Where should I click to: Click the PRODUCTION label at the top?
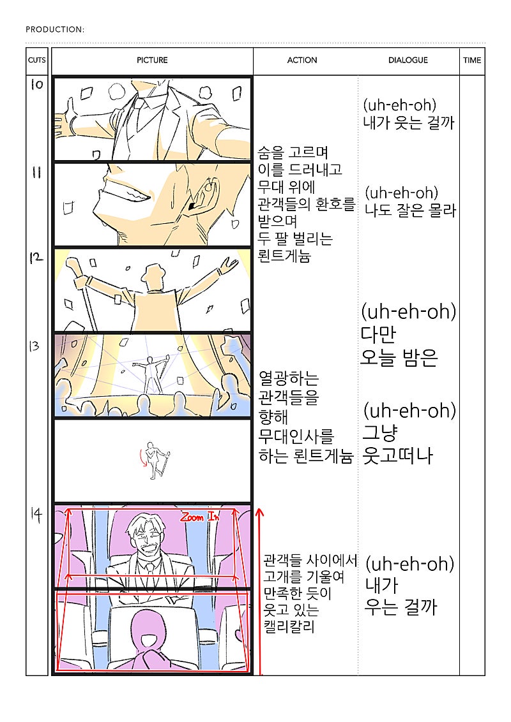[x=55, y=29]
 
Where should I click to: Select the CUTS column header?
[x=37, y=60]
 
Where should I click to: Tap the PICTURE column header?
[x=152, y=60]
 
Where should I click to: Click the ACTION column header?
[x=302, y=60]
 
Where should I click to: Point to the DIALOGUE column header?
[x=408, y=60]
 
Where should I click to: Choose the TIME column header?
[x=472, y=60]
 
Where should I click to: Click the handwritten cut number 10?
[x=37, y=84]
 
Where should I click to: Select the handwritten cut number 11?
[x=36, y=172]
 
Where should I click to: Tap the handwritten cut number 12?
[x=36, y=258]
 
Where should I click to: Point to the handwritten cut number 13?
[x=34, y=346]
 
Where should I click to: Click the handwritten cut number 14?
[x=36, y=514]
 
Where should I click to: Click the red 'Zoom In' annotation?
[x=199, y=517]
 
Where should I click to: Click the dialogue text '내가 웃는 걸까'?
[x=409, y=122]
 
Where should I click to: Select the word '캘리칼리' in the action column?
[x=289, y=626]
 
